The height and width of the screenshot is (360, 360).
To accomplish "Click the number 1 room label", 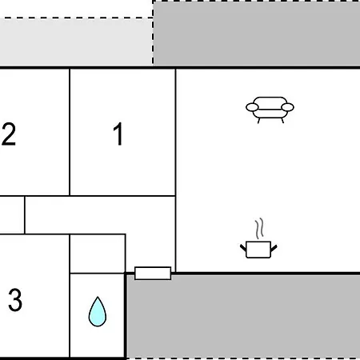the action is [x=118, y=134].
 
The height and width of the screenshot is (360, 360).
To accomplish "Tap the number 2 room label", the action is [x=9, y=134].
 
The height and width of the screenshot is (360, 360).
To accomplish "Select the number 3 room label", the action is [x=15, y=300].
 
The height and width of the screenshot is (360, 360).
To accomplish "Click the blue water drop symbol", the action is [x=98, y=311].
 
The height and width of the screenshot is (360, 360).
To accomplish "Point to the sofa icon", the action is [x=270, y=110].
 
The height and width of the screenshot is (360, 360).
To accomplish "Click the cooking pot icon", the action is [x=258, y=250].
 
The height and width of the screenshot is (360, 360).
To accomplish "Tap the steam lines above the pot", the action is [x=259, y=229].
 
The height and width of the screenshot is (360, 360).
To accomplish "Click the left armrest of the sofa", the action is [x=252, y=107].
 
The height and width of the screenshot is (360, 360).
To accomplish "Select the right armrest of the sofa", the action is [x=287, y=107].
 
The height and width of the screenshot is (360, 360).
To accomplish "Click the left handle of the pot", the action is [x=243, y=248].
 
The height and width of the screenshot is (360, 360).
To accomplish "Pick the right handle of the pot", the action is [x=274, y=248].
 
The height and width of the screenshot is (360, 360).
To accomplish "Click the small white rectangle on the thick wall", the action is [x=153, y=273].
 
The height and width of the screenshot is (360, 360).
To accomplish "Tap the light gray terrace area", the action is [x=76, y=42].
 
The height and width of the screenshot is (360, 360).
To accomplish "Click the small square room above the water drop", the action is [x=98, y=254].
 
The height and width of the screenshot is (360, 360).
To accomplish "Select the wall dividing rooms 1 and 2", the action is [x=70, y=132].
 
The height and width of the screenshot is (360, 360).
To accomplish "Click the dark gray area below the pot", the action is [x=243, y=317].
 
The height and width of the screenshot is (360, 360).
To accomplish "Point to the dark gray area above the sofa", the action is [x=257, y=33].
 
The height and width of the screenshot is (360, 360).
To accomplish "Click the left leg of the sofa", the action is [x=258, y=121].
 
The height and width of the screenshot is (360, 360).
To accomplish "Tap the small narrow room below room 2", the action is [x=12, y=215].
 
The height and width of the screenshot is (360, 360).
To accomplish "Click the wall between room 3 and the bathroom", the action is [x=70, y=296].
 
